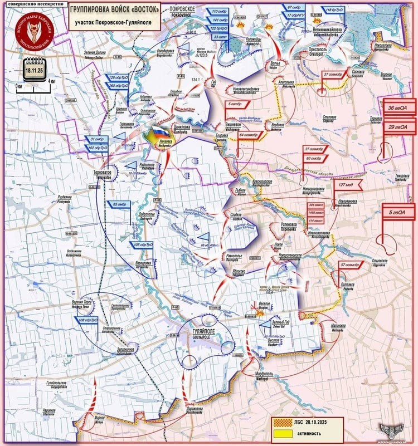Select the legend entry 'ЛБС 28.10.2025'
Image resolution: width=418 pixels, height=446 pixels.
point(304,422)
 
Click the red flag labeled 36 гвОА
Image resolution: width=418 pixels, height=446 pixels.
point(401,109)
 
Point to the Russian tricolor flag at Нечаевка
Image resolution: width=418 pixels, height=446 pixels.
point(161,134)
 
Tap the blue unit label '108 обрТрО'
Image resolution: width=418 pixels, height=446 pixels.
point(88,321)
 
